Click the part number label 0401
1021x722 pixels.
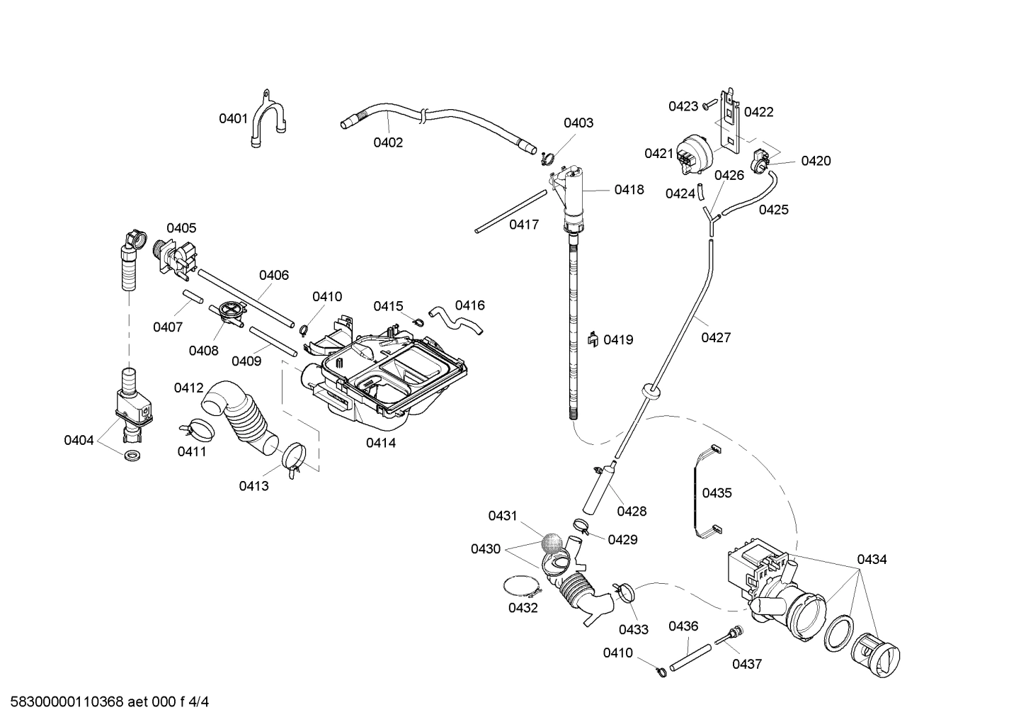point(232,118)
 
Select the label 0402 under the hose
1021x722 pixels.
point(388,142)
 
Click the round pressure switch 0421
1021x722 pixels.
point(690,155)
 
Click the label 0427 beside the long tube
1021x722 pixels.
point(716,338)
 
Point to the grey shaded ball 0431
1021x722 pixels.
point(552,543)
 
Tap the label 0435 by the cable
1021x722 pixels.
point(717,493)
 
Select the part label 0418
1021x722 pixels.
point(629,189)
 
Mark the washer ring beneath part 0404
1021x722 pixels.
point(132,454)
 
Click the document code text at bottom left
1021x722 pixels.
point(106,702)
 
